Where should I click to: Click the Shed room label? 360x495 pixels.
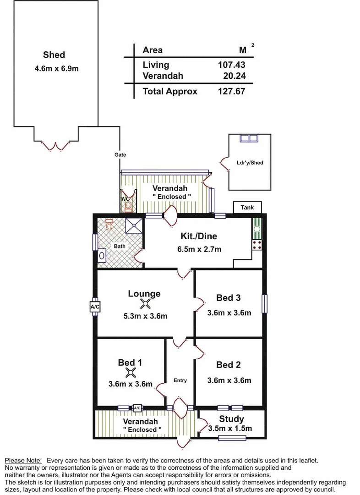(x=54, y=55)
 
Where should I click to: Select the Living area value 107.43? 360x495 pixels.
(x=231, y=65)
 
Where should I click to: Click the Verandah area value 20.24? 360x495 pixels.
(x=234, y=76)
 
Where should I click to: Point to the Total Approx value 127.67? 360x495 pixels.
(x=231, y=91)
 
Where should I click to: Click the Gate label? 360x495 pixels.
(x=120, y=155)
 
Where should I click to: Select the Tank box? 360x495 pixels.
(x=247, y=208)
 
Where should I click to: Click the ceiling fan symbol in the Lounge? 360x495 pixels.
(x=145, y=303)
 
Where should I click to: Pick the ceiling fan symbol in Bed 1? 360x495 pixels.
(x=131, y=373)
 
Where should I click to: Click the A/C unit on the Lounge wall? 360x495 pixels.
(x=95, y=307)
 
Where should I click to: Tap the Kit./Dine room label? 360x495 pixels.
(x=198, y=236)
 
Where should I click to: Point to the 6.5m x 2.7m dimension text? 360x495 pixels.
(x=199, y=249)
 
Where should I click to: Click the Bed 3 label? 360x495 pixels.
(x=229, y=298)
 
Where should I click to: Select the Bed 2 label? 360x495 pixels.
(x=229, y=365)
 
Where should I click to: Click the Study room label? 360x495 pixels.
(x=231, y=419)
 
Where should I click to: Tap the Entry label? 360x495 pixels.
(x=180, y=380)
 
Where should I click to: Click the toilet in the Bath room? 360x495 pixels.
(x=109, y=225)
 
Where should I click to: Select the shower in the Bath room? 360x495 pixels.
(x=134, y=225)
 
